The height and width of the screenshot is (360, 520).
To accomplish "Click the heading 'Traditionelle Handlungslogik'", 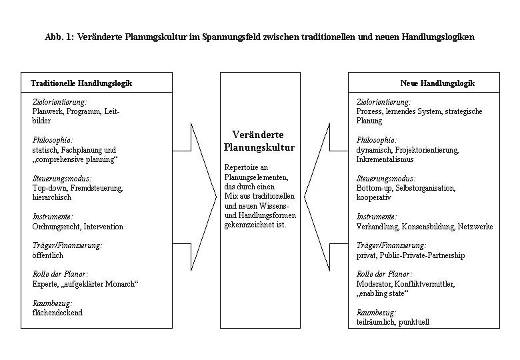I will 81,83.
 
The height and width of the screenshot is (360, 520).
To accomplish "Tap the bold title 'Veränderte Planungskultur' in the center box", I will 259,141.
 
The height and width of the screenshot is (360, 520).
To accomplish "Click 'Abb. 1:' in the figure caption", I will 59,37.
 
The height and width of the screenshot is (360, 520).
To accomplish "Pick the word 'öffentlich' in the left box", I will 48,255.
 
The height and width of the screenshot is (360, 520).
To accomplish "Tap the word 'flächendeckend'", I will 58,313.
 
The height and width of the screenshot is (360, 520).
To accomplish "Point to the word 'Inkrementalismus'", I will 385,159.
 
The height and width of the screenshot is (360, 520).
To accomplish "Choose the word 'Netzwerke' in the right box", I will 475,227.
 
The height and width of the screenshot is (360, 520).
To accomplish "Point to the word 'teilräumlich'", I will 376,322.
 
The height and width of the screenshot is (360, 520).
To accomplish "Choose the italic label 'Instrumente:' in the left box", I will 52,217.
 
